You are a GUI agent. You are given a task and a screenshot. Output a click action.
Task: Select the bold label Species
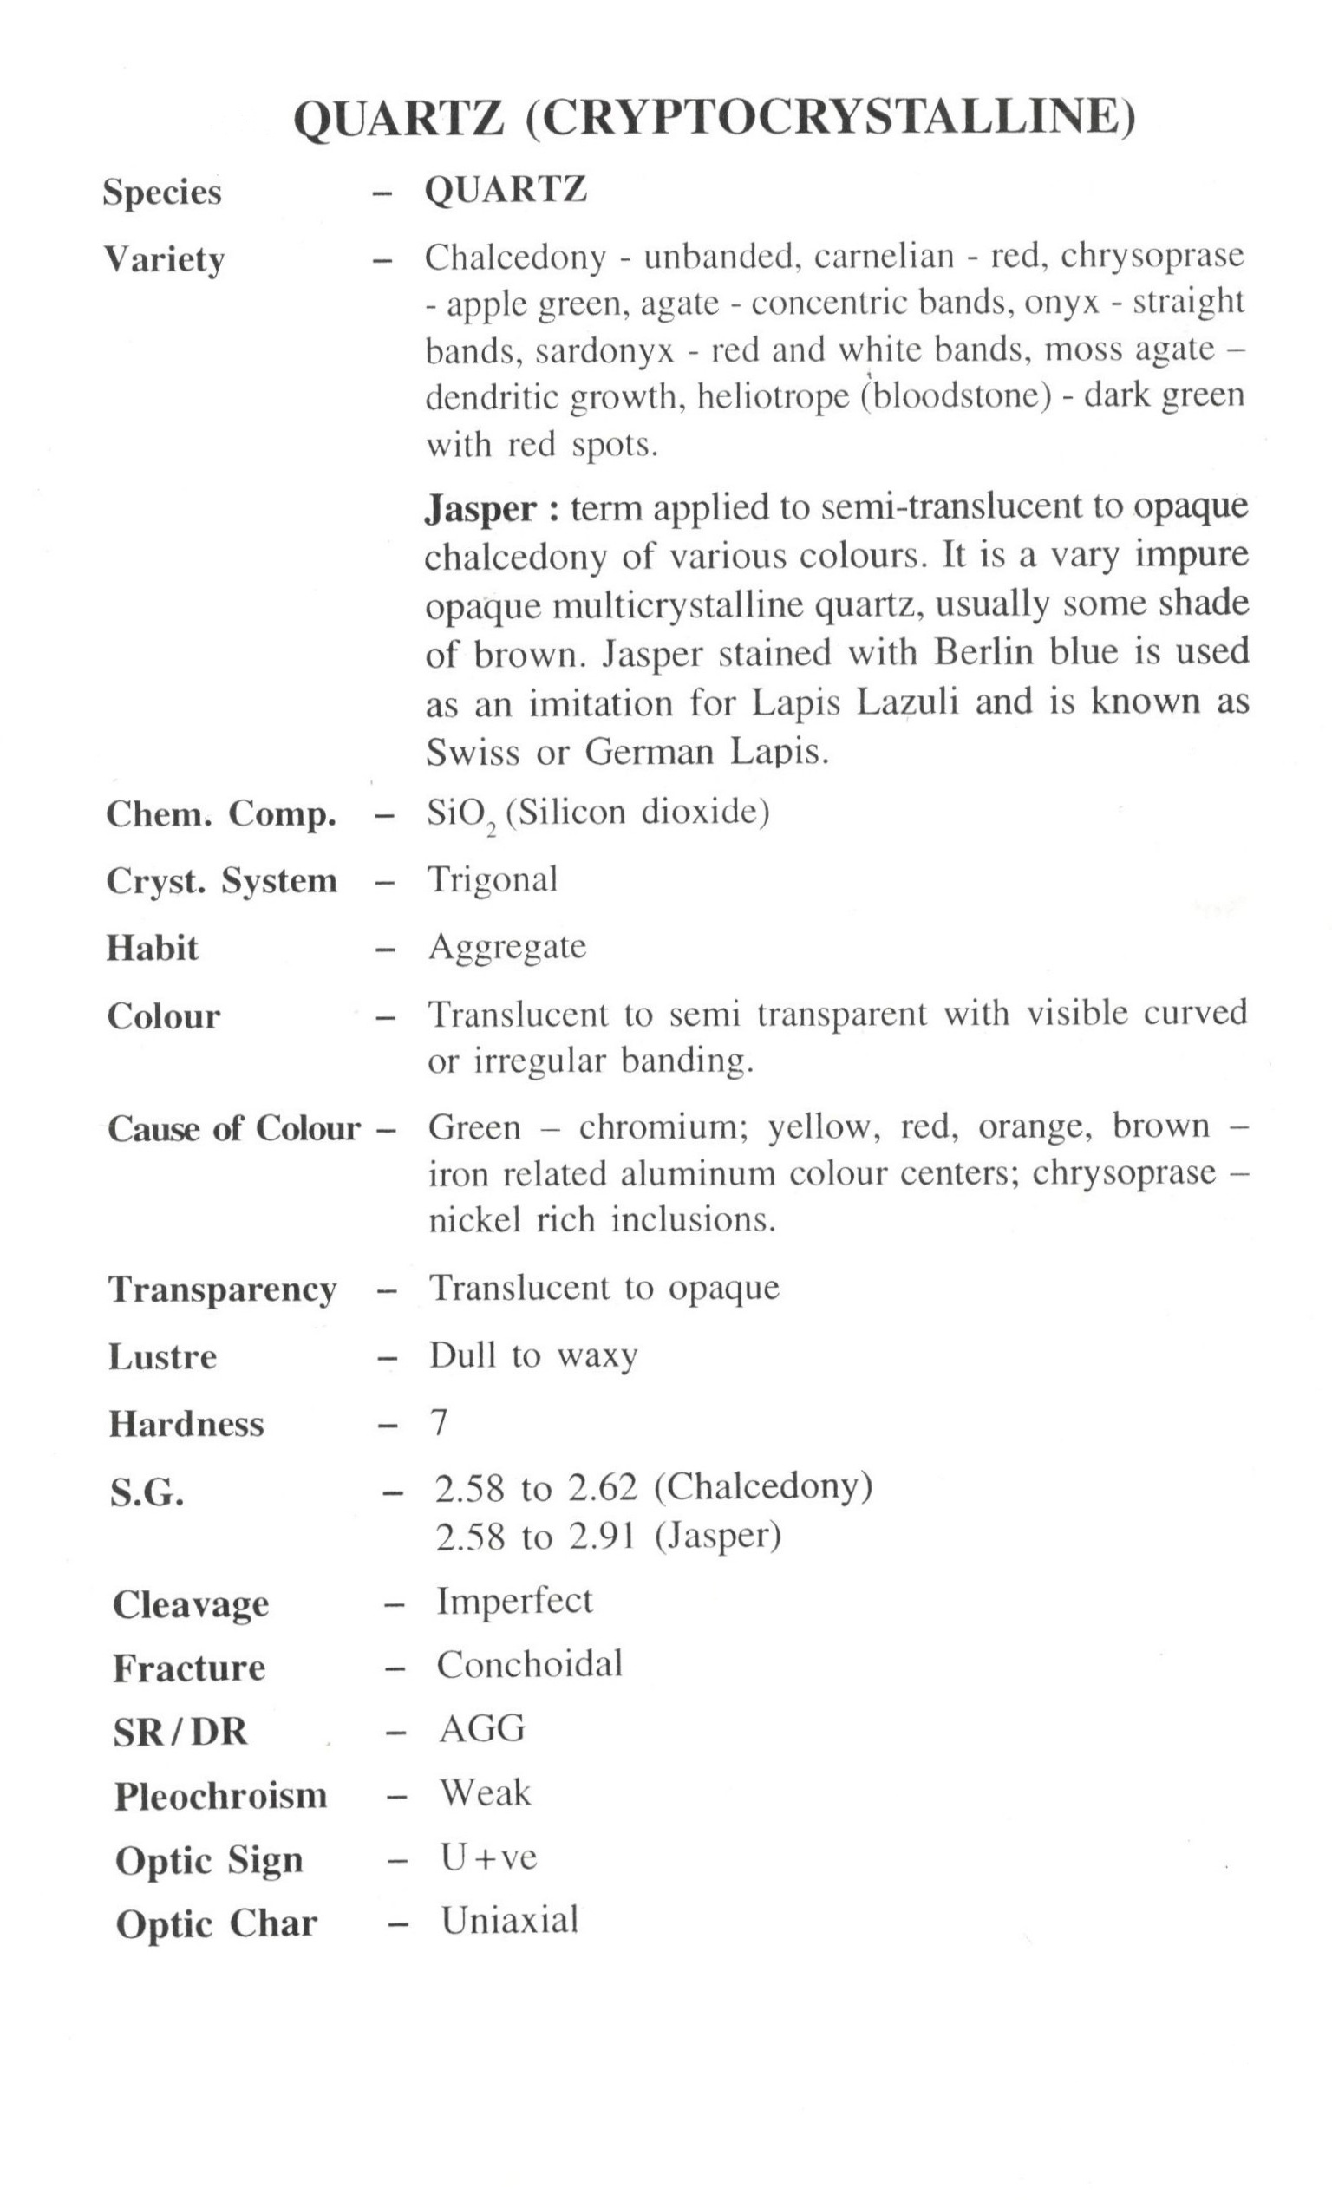point(161,192)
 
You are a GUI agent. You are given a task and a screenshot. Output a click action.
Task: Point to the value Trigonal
point(493,880)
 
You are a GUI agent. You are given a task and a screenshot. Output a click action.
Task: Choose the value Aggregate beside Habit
point(507,946)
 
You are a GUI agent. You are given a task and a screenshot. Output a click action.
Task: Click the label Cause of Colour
point(234,1128)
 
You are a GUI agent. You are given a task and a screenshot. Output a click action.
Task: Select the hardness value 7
point(440,1422)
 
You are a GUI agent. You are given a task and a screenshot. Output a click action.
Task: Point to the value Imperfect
point(514,1601)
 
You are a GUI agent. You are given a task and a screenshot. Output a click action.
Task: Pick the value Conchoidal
point(529,1664)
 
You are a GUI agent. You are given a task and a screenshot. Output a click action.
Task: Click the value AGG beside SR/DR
point(482,1728)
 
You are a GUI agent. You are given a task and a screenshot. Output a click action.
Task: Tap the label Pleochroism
point(220,1796)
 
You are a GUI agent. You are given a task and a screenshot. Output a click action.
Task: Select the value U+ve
point(488,1858)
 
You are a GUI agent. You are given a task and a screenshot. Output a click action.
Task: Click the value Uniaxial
point(510,1921)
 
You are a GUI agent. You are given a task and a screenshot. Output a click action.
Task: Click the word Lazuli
point(907,702)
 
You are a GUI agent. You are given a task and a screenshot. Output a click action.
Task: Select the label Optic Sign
point(209,1860)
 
